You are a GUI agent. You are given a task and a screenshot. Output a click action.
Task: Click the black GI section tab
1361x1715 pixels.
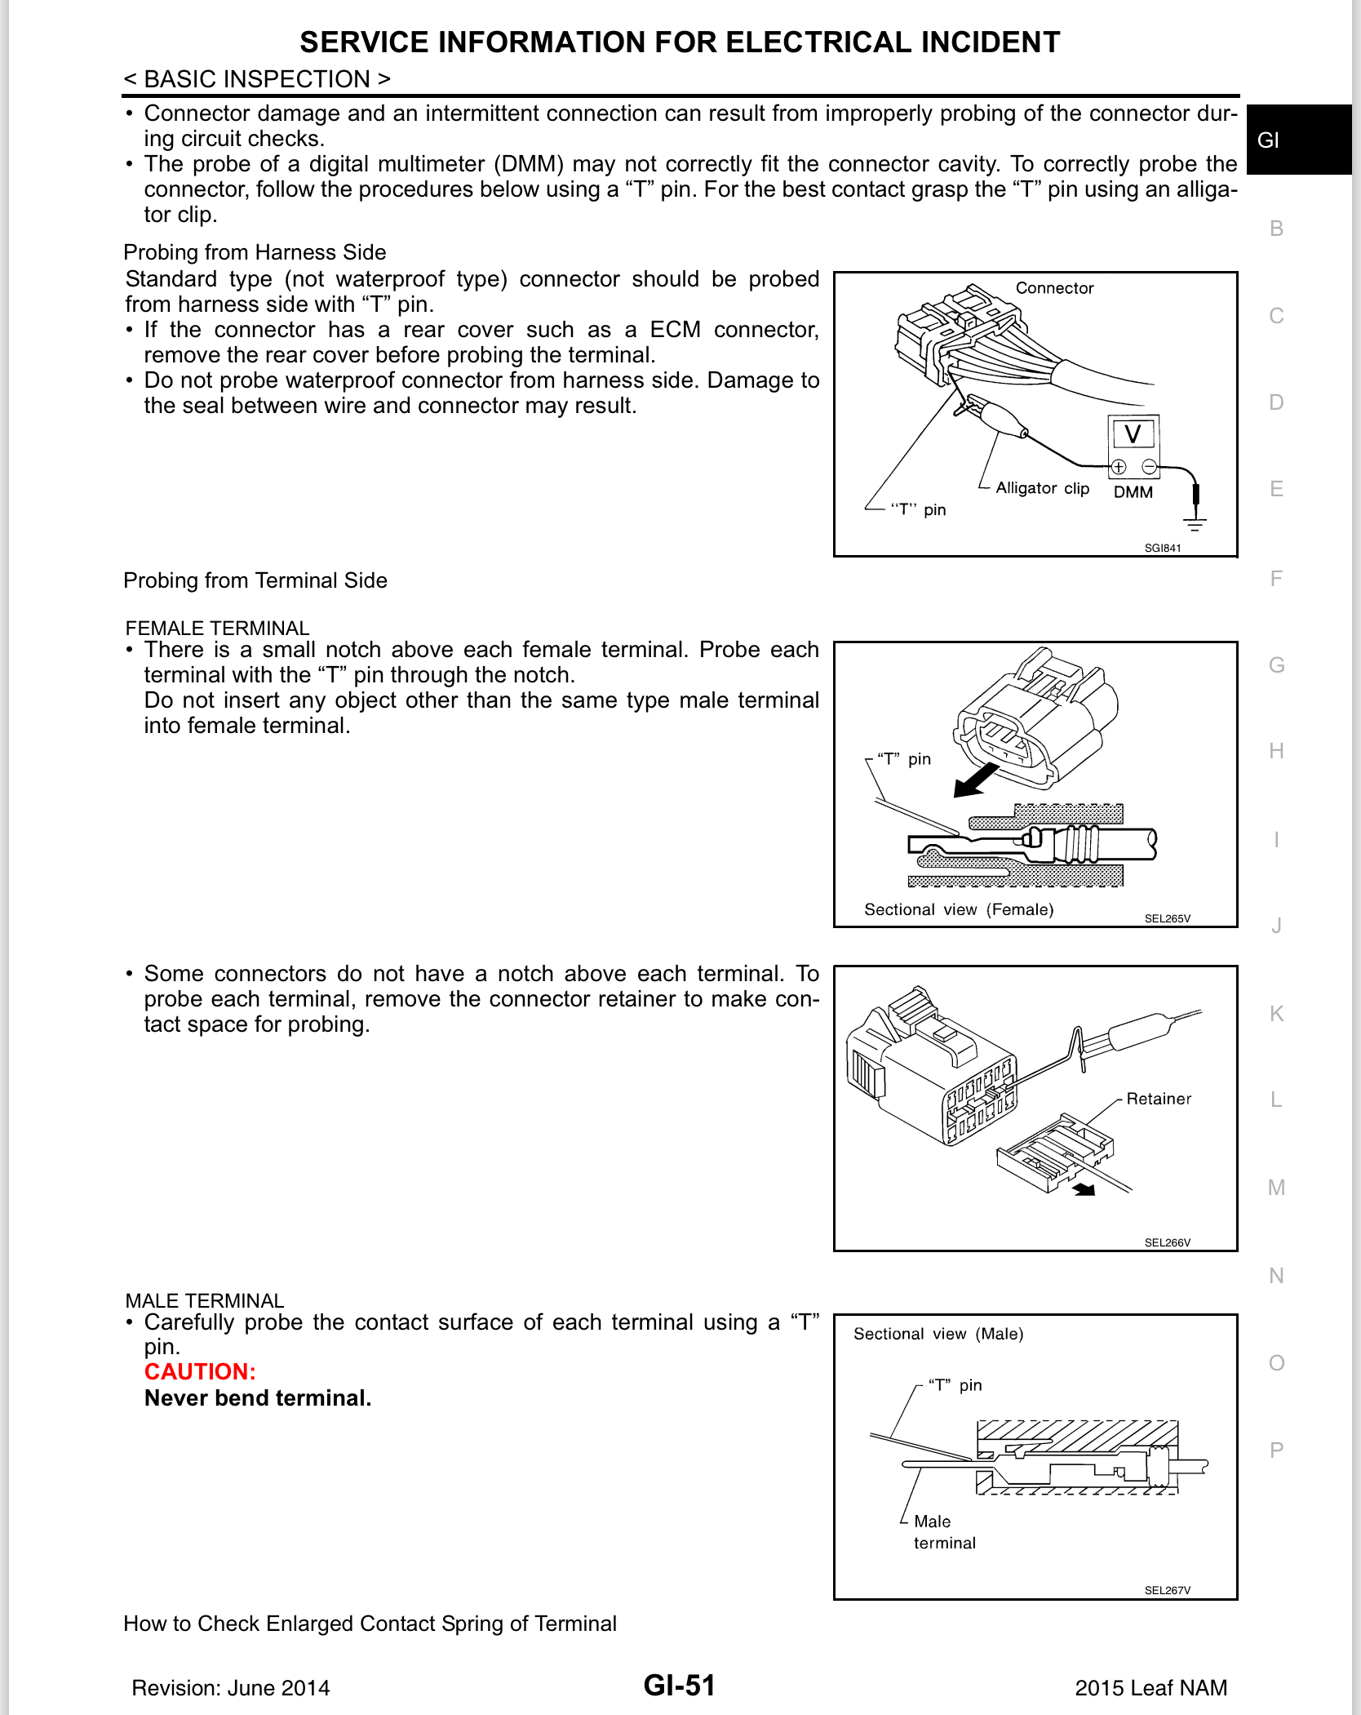click(1298, 140)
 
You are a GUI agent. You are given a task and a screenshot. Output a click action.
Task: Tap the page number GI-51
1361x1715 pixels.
click(679, 1685)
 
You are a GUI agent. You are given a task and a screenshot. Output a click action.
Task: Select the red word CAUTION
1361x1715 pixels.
click(200, 1371)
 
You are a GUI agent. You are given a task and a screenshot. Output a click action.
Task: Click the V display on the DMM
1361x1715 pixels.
click(1133, 433)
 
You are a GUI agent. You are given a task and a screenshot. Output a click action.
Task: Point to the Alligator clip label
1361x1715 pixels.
click(1042, 488)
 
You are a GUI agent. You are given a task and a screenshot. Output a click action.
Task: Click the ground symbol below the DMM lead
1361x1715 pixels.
click(1195, 522)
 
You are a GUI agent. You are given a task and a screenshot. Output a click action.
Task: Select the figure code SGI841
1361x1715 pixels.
click(1162, 548)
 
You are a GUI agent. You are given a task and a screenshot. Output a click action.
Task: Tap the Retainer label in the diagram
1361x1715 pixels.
click(1158, 1099)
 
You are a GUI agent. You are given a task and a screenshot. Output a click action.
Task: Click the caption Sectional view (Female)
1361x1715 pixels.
click(959, 909)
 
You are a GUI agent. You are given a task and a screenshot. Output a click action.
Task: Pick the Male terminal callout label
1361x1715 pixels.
click(944, 1532)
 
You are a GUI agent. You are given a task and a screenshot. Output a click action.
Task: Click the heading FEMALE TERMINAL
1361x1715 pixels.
click(217, 628)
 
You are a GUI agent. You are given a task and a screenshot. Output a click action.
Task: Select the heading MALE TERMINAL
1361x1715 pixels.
click(205, 1300)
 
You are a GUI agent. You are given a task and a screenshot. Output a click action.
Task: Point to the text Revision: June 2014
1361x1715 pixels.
click(231, 1688)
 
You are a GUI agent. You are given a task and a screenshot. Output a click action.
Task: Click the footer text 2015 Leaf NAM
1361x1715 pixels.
click(1150, 1688)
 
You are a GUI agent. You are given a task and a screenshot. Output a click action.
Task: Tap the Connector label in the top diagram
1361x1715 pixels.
click(1054, 288)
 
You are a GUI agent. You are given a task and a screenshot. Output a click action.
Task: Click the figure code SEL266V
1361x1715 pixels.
click(1167, 1242)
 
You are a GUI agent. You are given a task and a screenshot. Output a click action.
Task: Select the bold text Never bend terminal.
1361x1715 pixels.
click(258, 1398)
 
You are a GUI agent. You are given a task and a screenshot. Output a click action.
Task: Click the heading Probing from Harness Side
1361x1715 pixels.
click(255, 252)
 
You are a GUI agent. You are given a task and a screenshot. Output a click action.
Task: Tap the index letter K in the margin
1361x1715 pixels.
click(1276, 1014)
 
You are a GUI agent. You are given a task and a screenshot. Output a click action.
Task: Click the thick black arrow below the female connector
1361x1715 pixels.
click(975, 781)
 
